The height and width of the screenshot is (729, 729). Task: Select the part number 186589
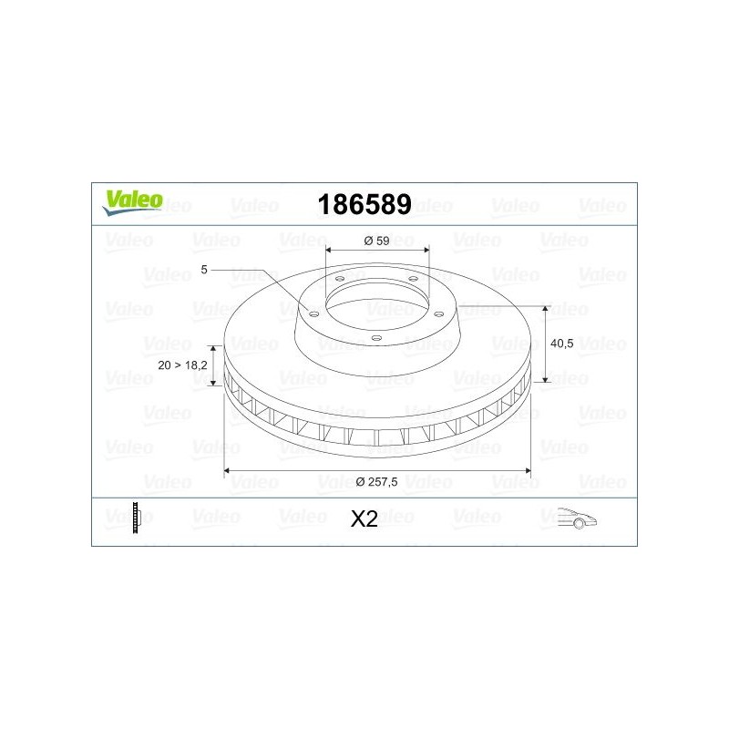click(363, 205)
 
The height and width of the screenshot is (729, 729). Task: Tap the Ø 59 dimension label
click(376, 241)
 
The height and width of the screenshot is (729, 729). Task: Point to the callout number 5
click(205, 270)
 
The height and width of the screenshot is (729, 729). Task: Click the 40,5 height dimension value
click(563, 344)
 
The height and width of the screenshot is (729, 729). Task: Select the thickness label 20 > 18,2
click(182, 364)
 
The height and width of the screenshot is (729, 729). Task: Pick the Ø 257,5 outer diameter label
click(377, 481)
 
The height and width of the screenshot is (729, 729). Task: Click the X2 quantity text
click(364, 519)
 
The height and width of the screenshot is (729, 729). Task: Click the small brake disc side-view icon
click(137, 518)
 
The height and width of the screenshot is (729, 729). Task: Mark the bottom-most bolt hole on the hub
click(376, 337)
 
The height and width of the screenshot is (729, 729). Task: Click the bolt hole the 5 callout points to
click(314, 313)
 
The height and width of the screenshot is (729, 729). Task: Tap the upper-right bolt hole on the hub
click(413, 279)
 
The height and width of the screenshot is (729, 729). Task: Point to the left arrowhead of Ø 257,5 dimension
click(228, 471)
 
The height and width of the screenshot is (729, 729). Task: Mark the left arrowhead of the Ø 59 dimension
click(329, 250)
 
